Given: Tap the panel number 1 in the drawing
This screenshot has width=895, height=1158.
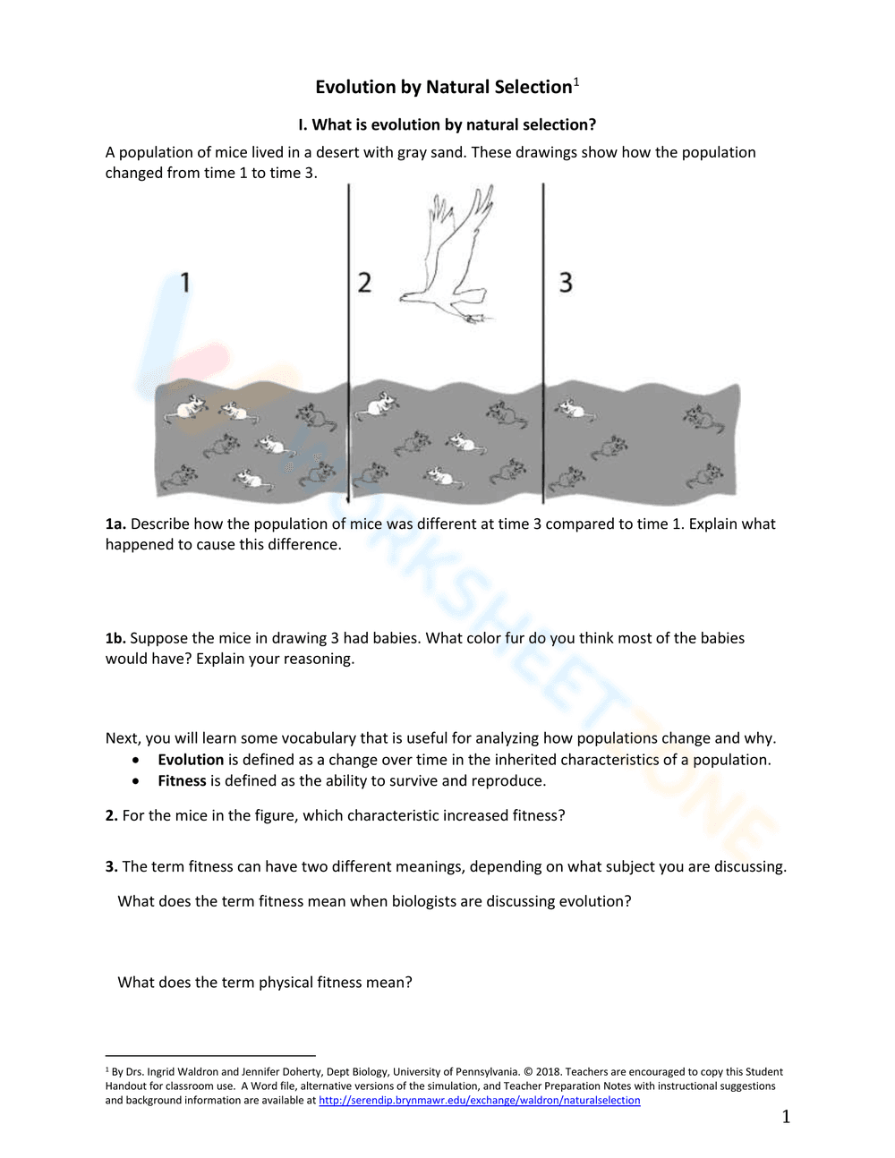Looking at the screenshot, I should pyautogui.click(x=185, y=283).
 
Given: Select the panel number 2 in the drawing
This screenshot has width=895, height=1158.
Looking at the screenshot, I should pyautogui.click(x=364, y=283).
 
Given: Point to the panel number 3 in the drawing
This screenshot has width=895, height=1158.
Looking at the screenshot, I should pyautogui.click(x=566, y=283).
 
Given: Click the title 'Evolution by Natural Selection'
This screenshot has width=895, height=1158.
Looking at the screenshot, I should pyautogui.click(x=443, y=87).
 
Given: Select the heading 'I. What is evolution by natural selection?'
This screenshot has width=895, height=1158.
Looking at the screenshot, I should pyautogui.click(x=447, y=124).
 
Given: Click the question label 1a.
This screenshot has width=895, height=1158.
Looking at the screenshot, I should pyautogui.click(x=115, y=524).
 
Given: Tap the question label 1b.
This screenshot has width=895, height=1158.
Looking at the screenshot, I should pyautogui.click(x=115, y=638).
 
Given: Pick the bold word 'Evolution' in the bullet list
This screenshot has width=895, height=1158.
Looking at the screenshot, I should pyautogui.click(x=191, y=760).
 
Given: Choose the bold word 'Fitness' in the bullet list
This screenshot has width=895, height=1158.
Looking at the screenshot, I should pyautogui.click(x=182, y=781).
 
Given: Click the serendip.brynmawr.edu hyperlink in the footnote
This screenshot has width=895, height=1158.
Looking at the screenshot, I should pyautogui.click(x=479, y=1101).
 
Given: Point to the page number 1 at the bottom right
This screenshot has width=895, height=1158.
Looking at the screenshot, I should pyautogui.click(x=786, y=1117).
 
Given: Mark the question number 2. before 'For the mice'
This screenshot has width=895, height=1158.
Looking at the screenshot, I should pyautogui.click(x=111, y=815).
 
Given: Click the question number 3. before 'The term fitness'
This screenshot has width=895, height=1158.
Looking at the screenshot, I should pyautogui.click(x=111, y=866).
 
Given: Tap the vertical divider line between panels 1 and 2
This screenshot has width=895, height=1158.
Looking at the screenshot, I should pyautogui.click(x=349, y=340).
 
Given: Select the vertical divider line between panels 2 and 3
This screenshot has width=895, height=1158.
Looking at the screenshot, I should pyautogui.click(x=543, y=340).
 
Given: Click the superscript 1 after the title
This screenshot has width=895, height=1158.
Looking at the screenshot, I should pyautogui.click(x=576, y=82).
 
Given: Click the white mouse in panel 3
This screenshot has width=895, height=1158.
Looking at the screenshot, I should pyautogui.click(x=569, y=410).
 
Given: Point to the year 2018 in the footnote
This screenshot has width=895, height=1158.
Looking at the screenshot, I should pyautogui.click(x=548, y=1072).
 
